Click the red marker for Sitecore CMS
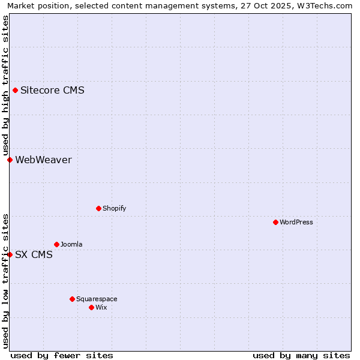15,91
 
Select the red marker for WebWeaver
10,160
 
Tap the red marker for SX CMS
10,254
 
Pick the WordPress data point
275,222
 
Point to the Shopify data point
98,208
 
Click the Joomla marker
56,244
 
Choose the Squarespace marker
72,299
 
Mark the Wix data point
91,307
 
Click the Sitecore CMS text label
52,91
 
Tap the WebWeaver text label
43,160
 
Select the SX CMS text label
34,254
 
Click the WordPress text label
296,222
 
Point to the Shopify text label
114,208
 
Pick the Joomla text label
71,244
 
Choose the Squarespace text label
97,299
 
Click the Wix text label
101,307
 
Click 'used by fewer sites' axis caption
62,355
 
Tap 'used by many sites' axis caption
301,355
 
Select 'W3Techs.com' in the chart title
327,6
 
